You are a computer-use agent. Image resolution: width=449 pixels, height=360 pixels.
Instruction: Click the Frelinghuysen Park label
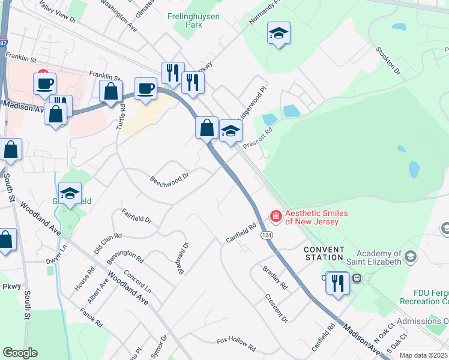coord(193,22)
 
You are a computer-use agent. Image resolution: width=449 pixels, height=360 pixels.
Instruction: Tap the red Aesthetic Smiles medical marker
coord(276,215)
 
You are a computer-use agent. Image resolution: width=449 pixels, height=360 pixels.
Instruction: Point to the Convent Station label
coord(324,253)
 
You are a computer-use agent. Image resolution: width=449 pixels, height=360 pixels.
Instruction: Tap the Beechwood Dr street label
coord(169,178)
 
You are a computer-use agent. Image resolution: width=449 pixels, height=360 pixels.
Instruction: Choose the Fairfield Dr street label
coord(136,215)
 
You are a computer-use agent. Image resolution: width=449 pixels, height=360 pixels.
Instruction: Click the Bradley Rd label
coord(275,277)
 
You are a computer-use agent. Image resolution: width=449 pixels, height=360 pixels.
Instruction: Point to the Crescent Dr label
coord(277,307)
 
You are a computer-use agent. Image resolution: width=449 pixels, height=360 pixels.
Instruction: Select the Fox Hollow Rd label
coord(236,344)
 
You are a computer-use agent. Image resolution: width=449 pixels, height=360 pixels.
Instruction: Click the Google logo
coord(19,353)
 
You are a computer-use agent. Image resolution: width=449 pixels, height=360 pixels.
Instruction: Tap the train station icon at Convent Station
coord(357,278)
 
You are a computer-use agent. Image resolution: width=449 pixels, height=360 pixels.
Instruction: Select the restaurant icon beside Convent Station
coord(338,283)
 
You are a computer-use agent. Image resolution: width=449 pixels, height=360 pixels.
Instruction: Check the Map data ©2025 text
coord(423,355)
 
